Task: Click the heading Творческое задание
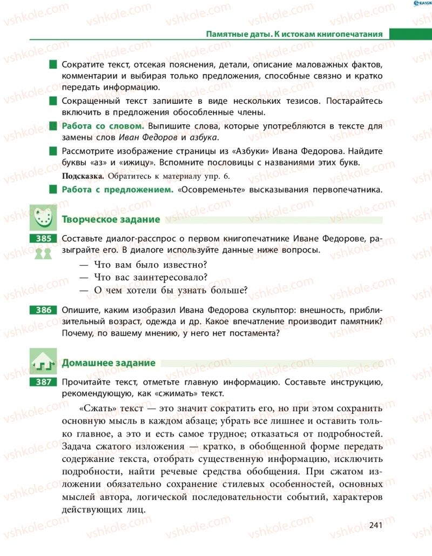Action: (111, 219)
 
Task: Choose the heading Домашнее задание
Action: (109, 363)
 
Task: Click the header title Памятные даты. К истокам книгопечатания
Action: (294, 34)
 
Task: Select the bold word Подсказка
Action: (84, 176)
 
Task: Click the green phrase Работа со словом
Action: (103, 126)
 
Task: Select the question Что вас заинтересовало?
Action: (151, 277)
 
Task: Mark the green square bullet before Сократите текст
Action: (53, 65)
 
